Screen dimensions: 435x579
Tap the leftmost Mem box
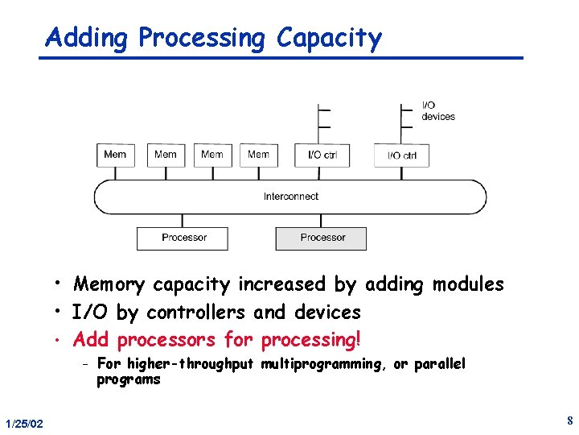[116, 155]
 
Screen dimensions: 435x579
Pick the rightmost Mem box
[259, 155]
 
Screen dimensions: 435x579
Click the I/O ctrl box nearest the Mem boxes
[322, 155]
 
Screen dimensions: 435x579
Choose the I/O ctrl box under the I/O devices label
[401, 155]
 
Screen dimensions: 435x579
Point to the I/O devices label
[437, 111]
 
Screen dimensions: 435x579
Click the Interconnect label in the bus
[290, 197]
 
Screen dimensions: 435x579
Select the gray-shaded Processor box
[322, 238]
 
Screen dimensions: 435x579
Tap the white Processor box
[183, 238]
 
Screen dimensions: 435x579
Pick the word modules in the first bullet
[468, 284]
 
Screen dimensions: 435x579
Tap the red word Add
[91, 340]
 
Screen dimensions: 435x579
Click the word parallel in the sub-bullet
[439, 364]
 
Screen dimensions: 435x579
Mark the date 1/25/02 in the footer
[24, 424]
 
